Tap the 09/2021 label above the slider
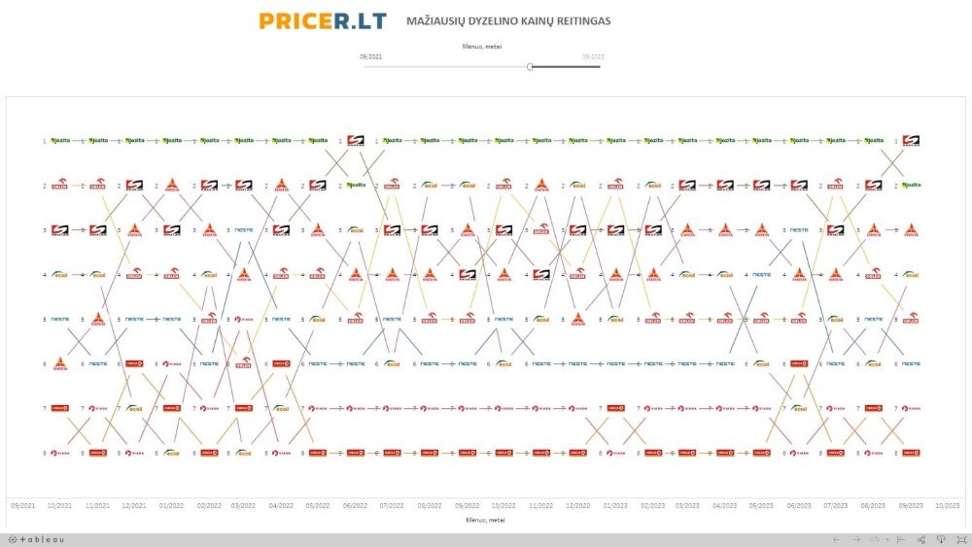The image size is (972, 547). click(x=370, y=56)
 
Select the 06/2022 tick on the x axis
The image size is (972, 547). click(x=355, y=505)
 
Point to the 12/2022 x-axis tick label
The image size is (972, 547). click(x=577, y=505)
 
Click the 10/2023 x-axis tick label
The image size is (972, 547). click(x=948, y=505)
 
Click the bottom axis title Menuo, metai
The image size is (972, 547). click(x=486, y=520)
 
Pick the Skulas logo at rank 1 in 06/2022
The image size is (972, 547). click(x=356, y=141)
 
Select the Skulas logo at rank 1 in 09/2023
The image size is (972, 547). click(x=911, y=141)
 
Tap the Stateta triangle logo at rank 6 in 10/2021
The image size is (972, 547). click(x=60, y=364)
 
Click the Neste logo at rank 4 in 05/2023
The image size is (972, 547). click(x=762, y=275)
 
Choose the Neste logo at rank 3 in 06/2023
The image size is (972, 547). click(x=799, y=230)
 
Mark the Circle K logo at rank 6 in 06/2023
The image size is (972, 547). click(x=799, y=364)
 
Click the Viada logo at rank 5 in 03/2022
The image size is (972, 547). click(x=243, y=319)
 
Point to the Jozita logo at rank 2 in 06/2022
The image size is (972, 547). click(x=356, y=185)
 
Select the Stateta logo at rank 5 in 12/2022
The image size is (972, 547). click(x=577, y=320)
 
